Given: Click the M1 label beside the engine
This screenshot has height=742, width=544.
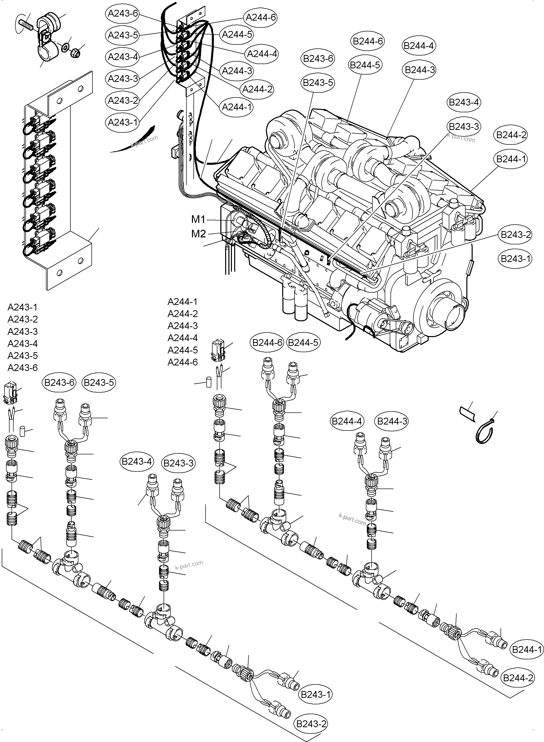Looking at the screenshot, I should point(198,219).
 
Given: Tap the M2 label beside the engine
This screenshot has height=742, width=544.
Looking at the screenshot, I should point(199,234).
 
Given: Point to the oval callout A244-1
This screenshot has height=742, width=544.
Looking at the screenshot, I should point(237,107).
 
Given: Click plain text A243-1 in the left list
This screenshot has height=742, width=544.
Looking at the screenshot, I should point(22,307).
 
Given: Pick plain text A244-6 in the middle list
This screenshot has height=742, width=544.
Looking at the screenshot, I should point(182,362).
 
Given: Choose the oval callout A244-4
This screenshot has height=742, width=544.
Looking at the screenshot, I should point(262,54).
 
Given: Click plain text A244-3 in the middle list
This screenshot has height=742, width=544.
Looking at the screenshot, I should point(182,326).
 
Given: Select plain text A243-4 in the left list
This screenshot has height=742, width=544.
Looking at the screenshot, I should point(22,343).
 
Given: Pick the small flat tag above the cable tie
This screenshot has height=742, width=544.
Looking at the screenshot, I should point(467,413).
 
